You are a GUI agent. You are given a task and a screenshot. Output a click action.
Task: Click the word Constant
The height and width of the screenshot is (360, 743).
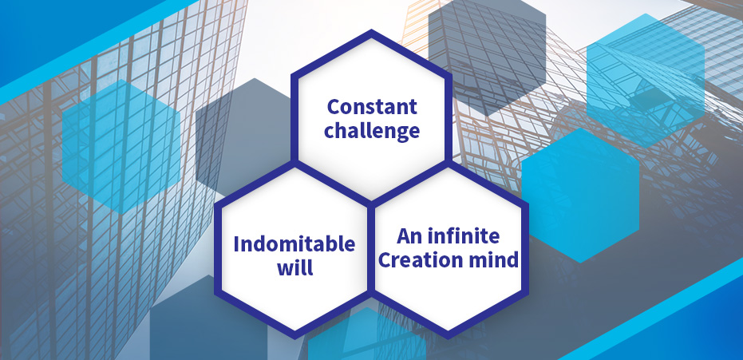pos(372,107)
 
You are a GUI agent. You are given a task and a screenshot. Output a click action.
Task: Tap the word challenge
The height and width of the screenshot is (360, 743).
pos(372,131)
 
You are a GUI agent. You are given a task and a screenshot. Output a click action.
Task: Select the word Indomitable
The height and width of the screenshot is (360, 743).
pos(294,244)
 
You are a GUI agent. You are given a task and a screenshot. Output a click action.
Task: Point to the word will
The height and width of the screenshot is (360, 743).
pos(294,267)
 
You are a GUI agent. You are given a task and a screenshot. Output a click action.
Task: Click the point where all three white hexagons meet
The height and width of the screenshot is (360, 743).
pos(371,202)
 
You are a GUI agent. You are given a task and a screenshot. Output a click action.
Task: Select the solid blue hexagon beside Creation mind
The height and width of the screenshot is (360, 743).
pos(580,195)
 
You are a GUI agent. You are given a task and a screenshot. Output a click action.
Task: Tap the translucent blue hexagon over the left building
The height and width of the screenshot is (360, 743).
pos(121,147)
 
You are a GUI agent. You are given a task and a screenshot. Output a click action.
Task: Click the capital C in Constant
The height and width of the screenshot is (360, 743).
pos(334,107)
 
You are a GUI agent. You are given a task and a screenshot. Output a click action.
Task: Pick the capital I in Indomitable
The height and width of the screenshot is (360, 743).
pos(236,244)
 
